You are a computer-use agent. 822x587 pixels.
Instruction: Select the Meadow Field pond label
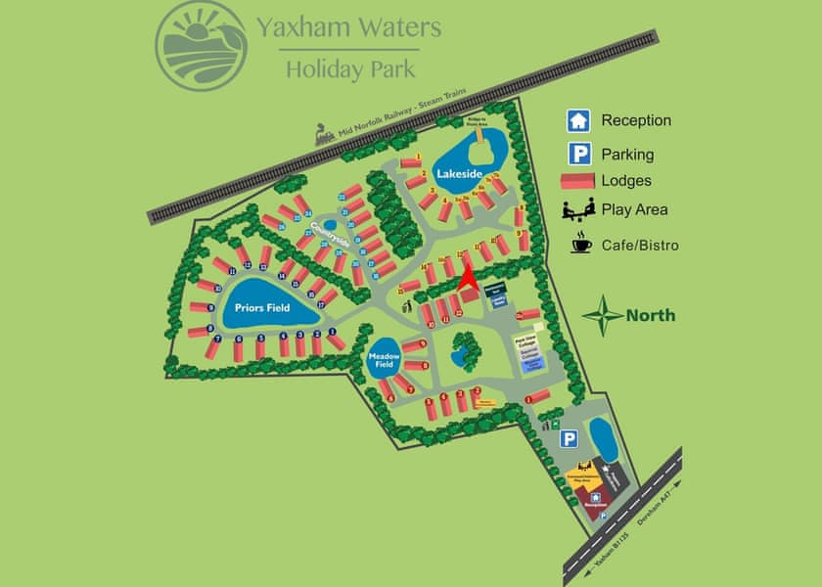[383, 361]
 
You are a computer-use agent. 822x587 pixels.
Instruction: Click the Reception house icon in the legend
[579, 120]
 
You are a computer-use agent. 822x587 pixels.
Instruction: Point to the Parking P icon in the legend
[580, 154]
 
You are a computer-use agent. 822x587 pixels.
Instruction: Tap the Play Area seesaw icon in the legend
[579, 209]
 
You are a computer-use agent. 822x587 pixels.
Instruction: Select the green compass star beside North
[603, 315]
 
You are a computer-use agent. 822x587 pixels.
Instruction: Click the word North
[651, 316]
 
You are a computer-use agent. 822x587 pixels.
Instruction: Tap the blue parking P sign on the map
[569, 439]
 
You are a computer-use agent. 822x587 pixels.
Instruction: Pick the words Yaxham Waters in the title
[348, 27]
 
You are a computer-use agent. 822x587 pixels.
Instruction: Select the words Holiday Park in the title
[349, 68]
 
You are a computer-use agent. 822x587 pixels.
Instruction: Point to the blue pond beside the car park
[602, 440]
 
